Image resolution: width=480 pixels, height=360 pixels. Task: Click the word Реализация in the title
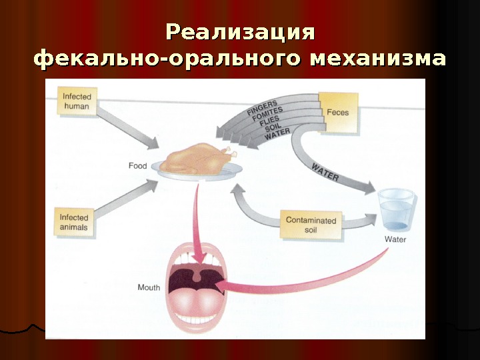pos(239,32)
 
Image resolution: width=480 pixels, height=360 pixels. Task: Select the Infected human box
pos(77,101)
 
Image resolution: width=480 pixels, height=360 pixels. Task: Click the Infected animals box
pos(74,221)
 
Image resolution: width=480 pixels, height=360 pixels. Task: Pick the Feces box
pos(337,112)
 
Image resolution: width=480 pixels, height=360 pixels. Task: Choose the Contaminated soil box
pos(311,225)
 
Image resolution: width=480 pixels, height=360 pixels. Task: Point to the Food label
pos(138,165)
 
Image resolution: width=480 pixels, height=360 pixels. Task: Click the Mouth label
pos(149,287)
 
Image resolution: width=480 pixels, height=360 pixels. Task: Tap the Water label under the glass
pos(395,239)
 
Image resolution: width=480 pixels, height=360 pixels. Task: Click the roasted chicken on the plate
pos(197,159)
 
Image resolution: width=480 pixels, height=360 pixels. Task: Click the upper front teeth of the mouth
pos(197,259)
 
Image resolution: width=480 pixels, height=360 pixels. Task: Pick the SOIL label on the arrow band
pos(273,131)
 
